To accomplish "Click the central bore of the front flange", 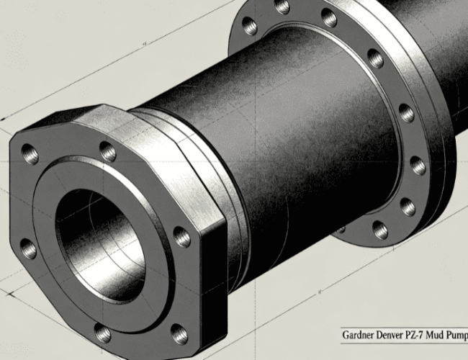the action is pos(100,245).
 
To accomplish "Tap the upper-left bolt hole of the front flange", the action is pos(30,154).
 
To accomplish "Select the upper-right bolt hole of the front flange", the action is pos(107,151).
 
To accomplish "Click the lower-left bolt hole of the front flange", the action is pos(29,248).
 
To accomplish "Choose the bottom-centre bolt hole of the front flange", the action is pos(103,333).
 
